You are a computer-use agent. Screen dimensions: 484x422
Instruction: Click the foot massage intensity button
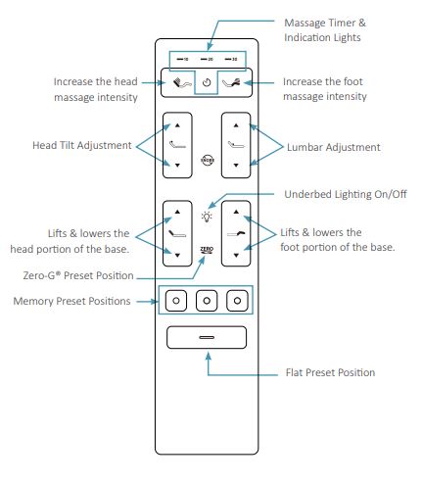235,84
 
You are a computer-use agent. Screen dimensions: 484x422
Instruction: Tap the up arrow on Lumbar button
235,125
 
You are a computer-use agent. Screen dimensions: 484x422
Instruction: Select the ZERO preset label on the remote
207,251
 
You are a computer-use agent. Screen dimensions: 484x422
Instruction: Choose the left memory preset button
176,300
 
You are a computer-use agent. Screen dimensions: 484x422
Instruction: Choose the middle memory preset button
207,300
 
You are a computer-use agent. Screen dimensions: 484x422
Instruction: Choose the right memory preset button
236,300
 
